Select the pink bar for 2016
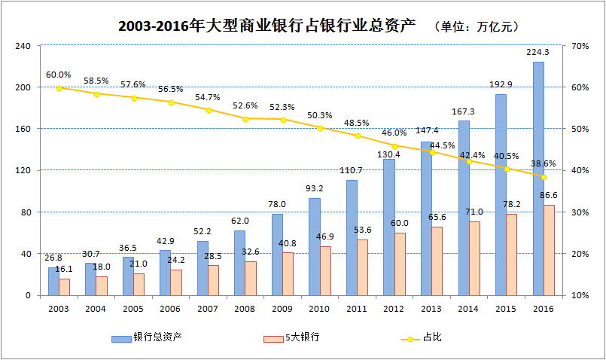(x=550, y=249)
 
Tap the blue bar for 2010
(x=315, y=246)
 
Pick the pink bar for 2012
(x=400, y=264)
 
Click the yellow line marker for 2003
(x=59, y=87)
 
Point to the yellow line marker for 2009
(x=284, y=120)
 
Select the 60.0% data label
(x=58, y=75)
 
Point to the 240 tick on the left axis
(x=23, y=46)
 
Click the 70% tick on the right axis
(x=580, y=46)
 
